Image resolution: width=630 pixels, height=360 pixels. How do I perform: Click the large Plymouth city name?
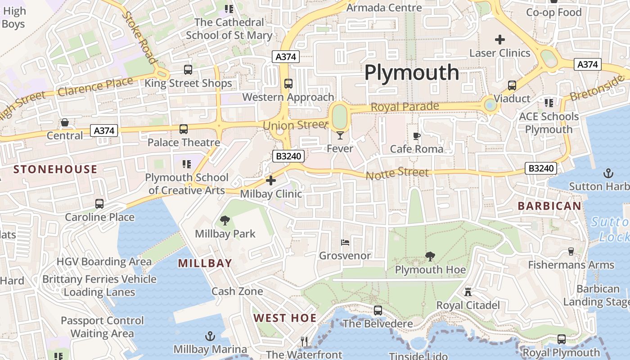(x=411, y=72)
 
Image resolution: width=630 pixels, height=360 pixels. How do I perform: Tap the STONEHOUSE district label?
(x=55, y=169)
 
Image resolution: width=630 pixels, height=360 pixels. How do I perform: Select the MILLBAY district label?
(x=205, y=263)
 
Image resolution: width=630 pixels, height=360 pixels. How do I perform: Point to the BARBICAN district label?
(x=549, y=206)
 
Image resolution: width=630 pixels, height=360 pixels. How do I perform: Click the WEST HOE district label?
(x=285, y=318)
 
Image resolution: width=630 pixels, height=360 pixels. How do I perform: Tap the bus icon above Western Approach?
(x=288, y=84)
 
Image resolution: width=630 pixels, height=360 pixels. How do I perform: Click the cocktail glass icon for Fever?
(x=340, y=135)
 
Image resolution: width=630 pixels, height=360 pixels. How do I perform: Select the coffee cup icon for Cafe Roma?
(x=417, y=135)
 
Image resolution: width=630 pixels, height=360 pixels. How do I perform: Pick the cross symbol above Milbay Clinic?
(x=271, y=180)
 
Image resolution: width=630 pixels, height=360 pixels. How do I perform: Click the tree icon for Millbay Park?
(x=225, y=220)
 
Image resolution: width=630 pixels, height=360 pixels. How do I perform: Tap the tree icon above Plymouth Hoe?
(x=430, y=256)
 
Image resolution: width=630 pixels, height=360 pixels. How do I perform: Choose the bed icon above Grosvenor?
(x=345, y=243)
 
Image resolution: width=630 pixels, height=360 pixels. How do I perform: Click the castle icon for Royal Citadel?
(x=468, y=292)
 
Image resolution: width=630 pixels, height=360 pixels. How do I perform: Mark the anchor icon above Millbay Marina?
(x=210, y=336)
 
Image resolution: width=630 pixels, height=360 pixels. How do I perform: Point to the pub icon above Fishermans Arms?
(x=571, y=251)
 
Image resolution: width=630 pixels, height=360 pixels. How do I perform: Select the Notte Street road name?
(x=397, y=173)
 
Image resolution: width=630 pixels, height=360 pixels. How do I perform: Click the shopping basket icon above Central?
(x=65, y=122)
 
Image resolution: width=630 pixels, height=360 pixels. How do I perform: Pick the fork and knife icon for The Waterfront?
(x=304, y=342)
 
